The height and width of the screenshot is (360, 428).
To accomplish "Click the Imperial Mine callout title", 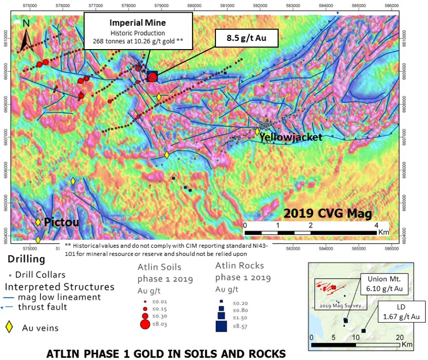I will [x=138, y=23].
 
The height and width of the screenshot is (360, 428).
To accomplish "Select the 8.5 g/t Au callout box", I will [x=246, y=37].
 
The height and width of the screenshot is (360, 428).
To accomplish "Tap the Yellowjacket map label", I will [x=291, y=138].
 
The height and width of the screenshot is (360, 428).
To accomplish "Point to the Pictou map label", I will [x=61, y=222].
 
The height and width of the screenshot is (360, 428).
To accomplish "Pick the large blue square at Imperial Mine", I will [x=152, y=76].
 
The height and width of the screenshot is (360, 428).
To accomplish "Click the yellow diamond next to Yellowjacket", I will [x=257, y=131].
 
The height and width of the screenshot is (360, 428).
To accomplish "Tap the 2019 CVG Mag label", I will [x=328, y=213].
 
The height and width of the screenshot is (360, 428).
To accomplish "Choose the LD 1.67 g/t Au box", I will [x=401, y=312].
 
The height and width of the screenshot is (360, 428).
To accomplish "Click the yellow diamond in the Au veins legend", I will [x=9, y=327].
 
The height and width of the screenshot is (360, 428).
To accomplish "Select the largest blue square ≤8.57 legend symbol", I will [x=221, y=325].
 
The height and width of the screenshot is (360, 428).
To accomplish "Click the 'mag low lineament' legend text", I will [x=59, y=297].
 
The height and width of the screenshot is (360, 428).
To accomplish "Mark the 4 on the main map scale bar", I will [x=375, y=225].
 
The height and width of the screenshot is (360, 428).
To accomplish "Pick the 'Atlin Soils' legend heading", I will [x=160, y=267].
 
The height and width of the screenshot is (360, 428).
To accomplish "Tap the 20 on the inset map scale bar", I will [x=400, y=337].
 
